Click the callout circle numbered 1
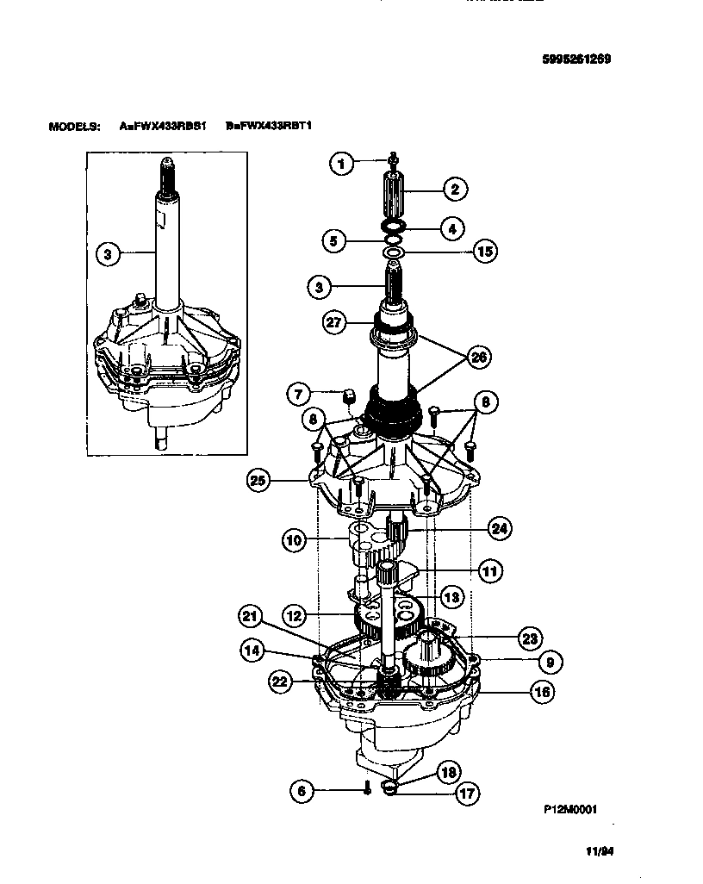[342, 163]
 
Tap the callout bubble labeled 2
[454, 189]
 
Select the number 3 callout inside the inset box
[107, 254]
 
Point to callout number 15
[485, 252]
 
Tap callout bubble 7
[298, 395]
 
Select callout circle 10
[295, 540]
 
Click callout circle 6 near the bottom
[302, 790]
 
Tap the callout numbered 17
[468, 793]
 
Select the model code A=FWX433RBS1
[163, 126]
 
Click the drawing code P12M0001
[570, 809]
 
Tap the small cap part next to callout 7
[350, 395]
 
